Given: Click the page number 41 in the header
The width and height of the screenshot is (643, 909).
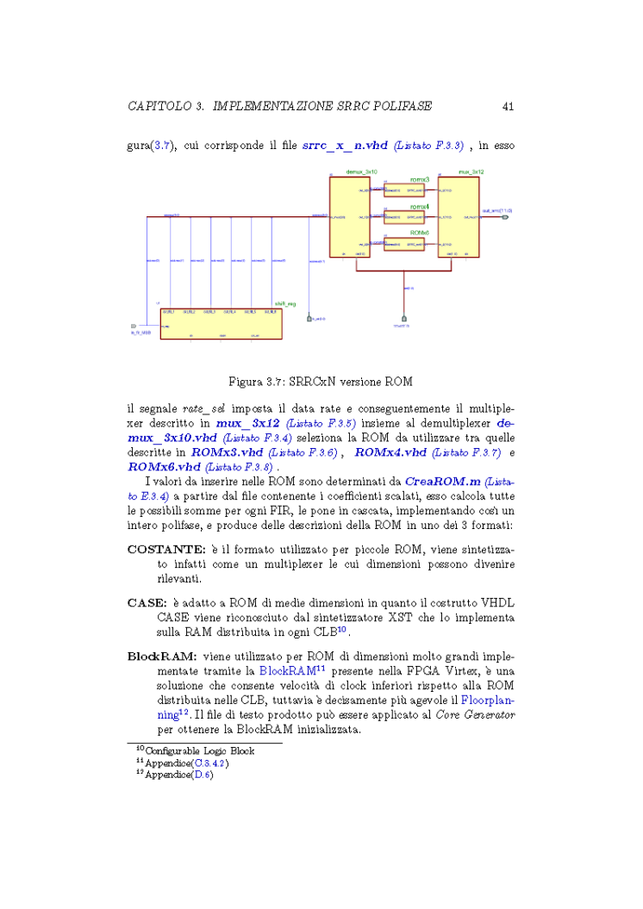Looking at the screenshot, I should [508, 106].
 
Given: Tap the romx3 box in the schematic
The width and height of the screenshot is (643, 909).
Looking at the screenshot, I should [405, 190].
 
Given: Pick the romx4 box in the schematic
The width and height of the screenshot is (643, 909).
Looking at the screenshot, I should [405, 218].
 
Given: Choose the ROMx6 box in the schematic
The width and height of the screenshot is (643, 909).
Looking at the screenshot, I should [405, 245].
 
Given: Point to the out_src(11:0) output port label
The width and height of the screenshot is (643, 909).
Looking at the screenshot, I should [498, 210].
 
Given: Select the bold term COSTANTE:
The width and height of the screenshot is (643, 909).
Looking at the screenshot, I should [164, 549].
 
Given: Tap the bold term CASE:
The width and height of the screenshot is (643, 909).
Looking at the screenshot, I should [147, 602].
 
